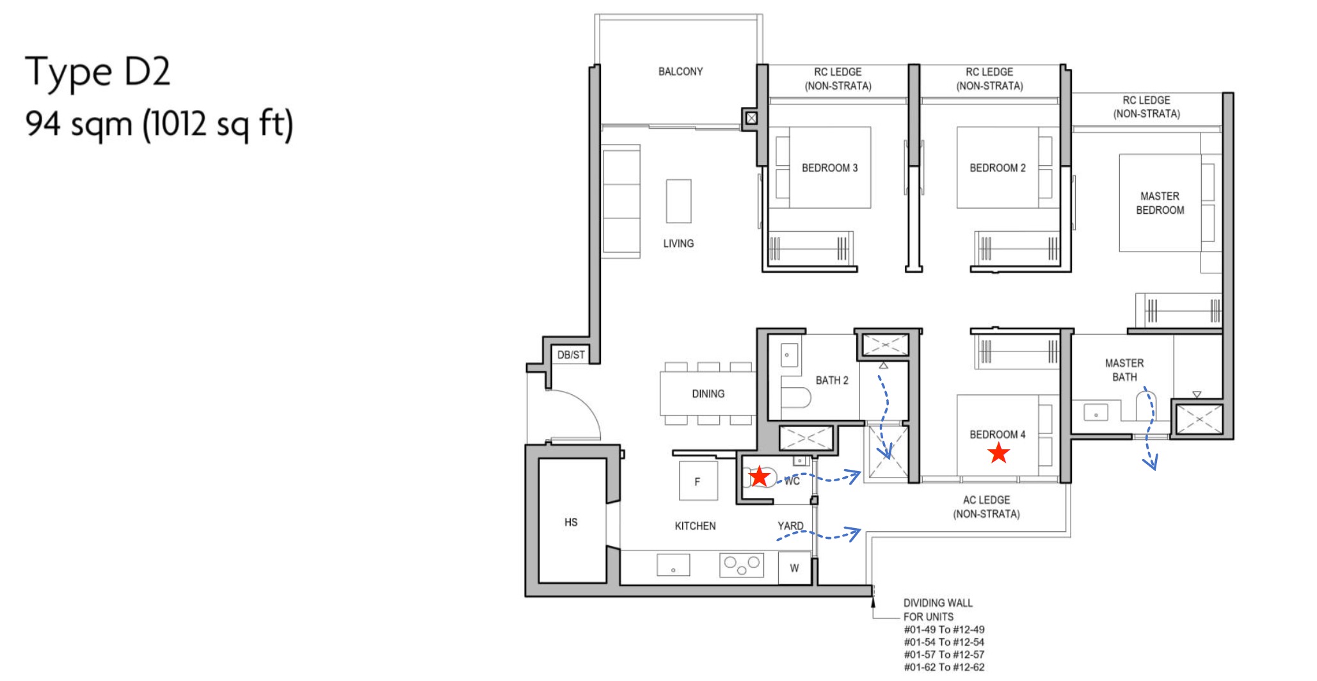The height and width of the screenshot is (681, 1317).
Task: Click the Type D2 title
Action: [98, 72]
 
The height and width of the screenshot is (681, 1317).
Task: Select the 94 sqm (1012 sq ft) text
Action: [159, 124]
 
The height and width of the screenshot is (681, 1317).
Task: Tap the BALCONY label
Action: [680, 72]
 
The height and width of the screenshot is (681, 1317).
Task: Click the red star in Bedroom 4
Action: [998, 453]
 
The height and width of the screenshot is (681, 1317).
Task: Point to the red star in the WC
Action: [759, 476]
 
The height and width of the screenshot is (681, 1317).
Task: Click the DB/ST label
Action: [571, 355]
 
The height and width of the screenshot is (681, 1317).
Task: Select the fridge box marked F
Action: [698, 481]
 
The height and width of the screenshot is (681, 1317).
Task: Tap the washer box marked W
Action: [794, 568]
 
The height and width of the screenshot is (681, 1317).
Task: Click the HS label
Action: [571, 522]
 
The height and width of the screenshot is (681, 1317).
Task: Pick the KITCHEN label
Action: [695, 526]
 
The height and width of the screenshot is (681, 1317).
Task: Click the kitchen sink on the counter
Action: [673, 566]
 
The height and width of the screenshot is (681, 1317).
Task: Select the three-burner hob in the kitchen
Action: [742, 565]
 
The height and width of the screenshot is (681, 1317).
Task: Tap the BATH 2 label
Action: [831, 380]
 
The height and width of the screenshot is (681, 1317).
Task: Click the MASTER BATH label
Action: [1124, 370]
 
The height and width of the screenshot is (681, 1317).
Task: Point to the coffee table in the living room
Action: [678, 201]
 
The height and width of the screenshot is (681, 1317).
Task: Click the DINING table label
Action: [708, 394]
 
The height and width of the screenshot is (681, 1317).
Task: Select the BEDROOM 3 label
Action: [829, 168]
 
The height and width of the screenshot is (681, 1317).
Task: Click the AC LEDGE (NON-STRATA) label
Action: [986, 507]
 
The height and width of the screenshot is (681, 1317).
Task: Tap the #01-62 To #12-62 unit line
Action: [944, 667]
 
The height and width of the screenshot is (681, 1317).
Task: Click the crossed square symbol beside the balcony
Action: [751, 118]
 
